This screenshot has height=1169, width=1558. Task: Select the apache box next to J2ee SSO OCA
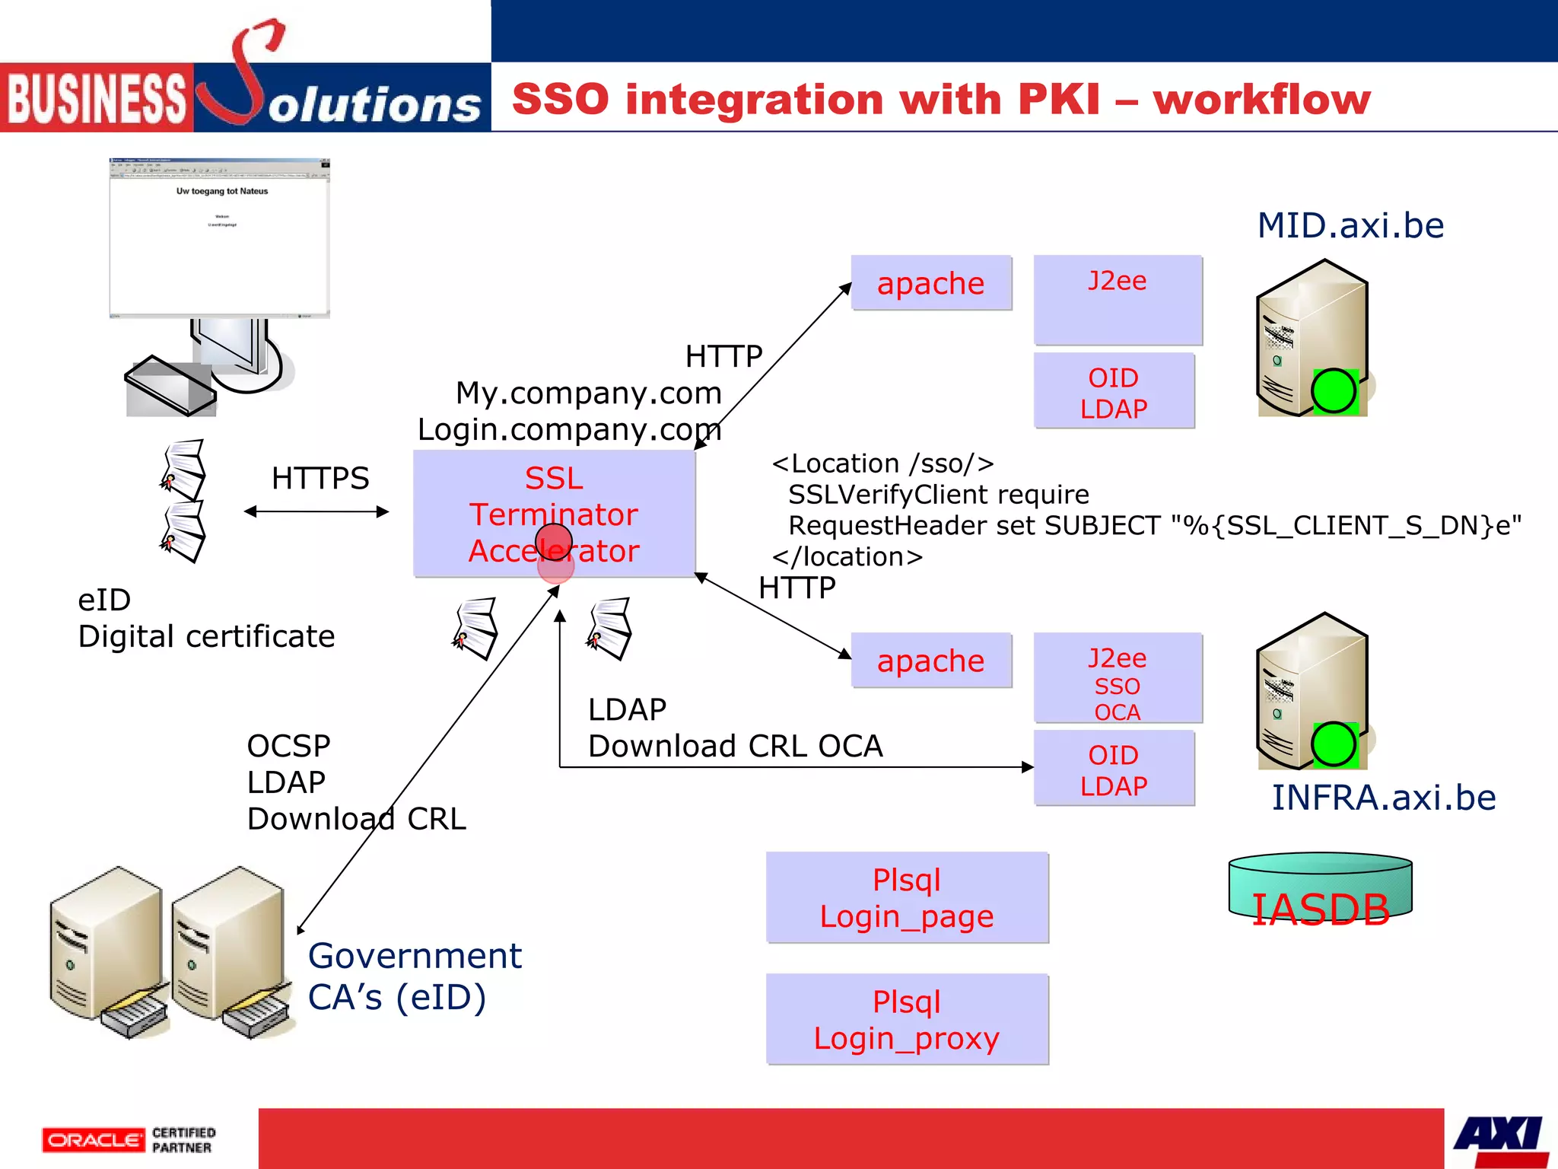[930, 661]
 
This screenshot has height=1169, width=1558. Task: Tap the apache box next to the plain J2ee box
[930, 283]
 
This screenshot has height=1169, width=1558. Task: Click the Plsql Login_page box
[907, 898]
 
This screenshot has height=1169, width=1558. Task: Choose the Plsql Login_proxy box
[907, 1020]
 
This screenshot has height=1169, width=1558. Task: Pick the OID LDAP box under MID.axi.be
[1114, 392]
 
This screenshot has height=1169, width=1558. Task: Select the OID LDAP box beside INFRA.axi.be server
[1114, 769]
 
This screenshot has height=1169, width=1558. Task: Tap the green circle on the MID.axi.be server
[1334, 391]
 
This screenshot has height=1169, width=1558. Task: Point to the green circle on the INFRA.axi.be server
[1334, 744]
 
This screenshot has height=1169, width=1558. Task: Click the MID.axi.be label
[1350, 225]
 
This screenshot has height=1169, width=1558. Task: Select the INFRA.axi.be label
[1383, 798]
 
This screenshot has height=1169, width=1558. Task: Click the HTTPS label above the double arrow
[320, 479]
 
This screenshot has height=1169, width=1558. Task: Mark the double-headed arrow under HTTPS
[316, 512]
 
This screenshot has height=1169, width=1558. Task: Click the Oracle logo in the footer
[93, 1140]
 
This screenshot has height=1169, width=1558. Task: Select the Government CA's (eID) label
[414, 976]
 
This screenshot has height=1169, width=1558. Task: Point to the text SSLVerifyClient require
[938, 495]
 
